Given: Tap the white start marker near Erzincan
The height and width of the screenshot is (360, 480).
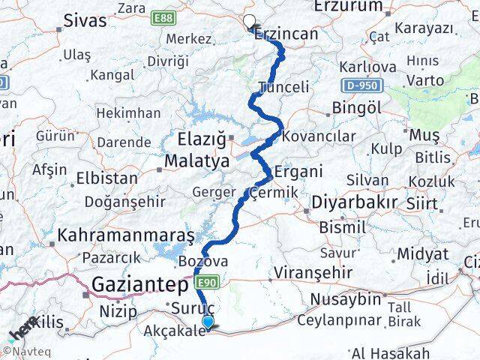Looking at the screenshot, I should point(249,22).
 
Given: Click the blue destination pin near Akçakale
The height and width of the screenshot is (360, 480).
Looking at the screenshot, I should point(208,322).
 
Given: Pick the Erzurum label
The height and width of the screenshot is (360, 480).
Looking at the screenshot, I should point(347,6).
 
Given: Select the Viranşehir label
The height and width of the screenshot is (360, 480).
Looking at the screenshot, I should point(307,270).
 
